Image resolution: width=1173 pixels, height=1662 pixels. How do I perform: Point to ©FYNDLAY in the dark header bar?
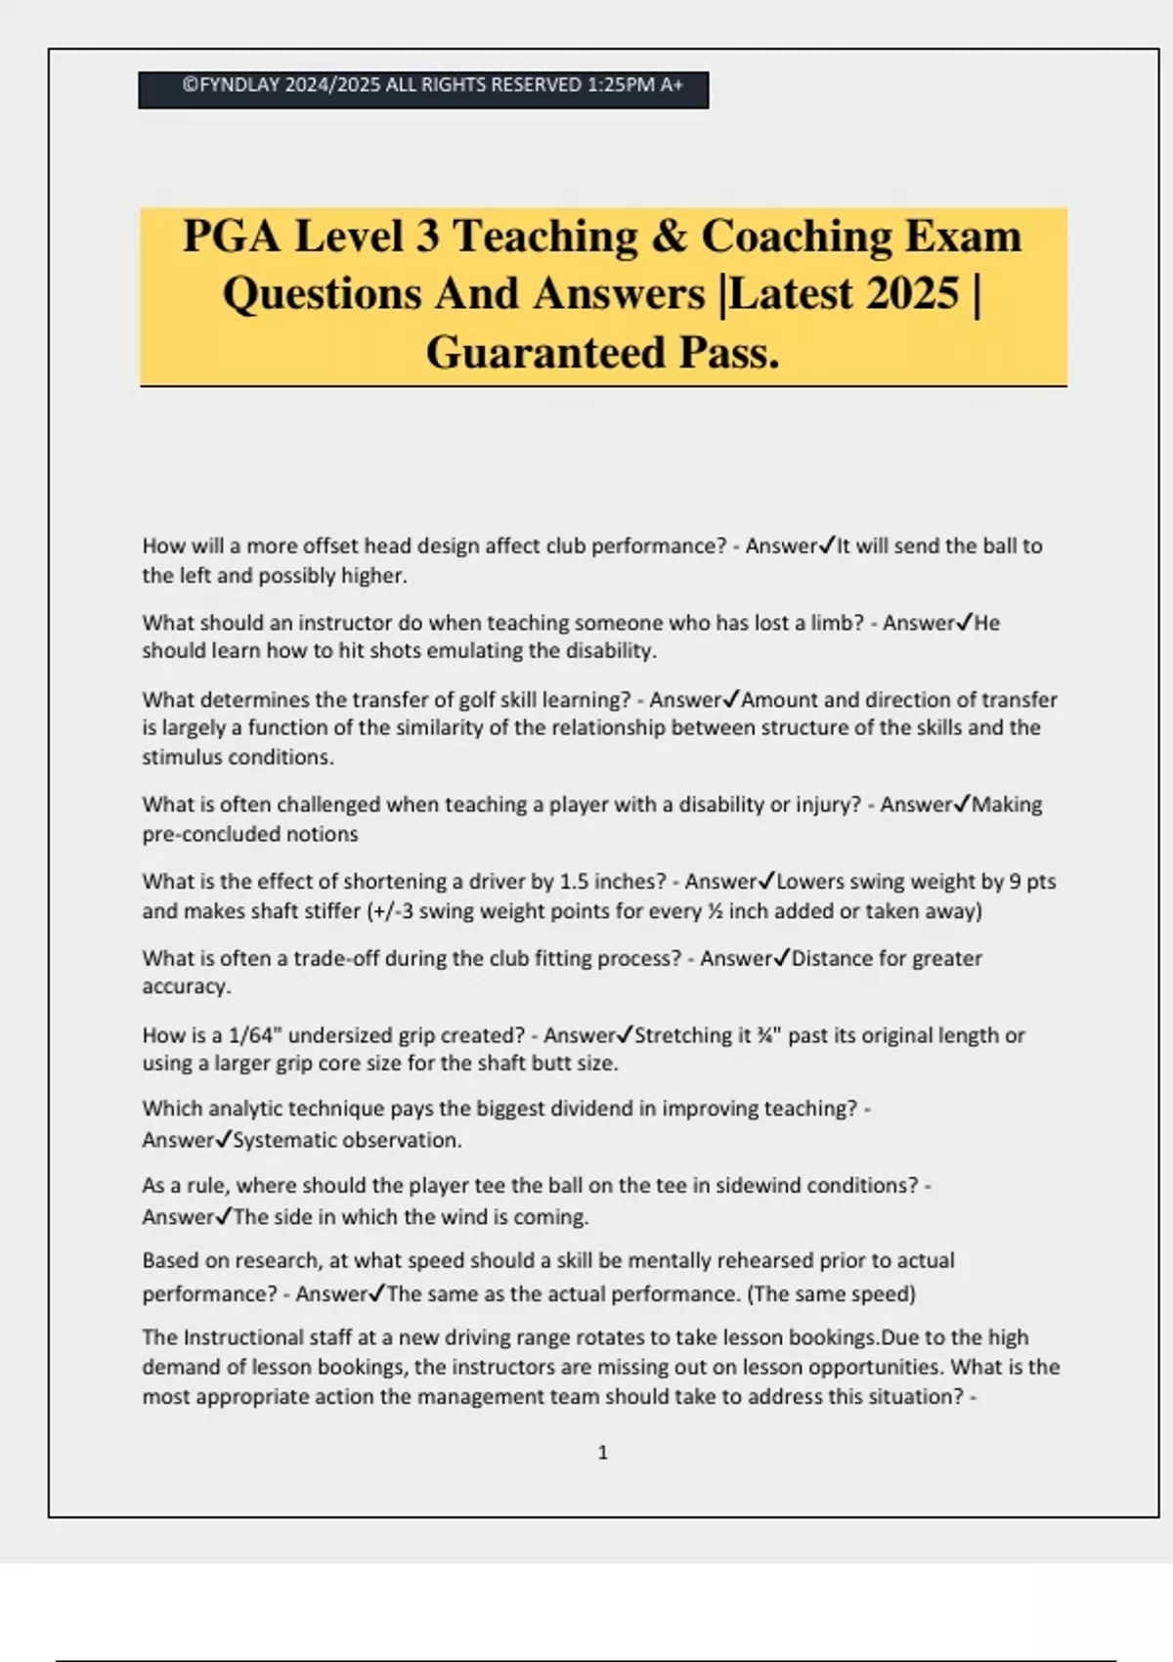[x=231, y=85]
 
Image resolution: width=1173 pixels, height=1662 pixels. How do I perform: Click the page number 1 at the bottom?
[x=602, y=1453]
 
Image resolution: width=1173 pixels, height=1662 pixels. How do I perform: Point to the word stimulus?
[x=186, y=757]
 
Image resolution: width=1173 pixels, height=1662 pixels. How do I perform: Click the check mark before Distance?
[x=781, y=958]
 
